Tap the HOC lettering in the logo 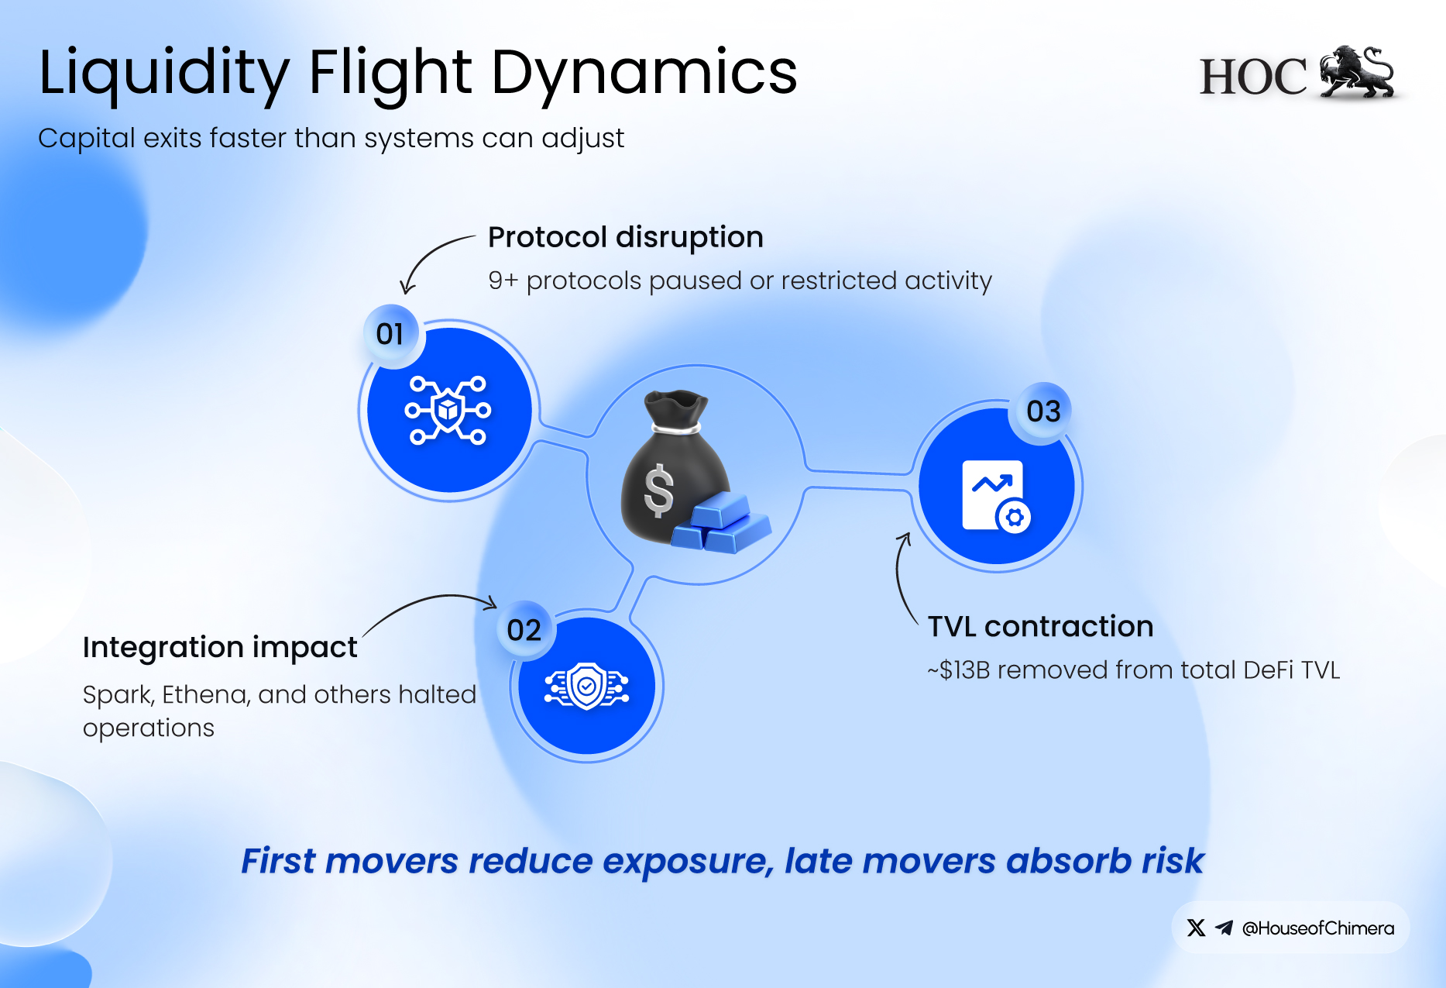pos(1252,77)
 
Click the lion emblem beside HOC pos(1357,73)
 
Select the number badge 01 pos(390,334)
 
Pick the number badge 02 pos(524,630)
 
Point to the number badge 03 pos(1043,411)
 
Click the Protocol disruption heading pos(625,237)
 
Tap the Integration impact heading pos(220,647)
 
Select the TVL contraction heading pos(1040,626)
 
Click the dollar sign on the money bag pos(659,490)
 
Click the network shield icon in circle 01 pos(448,410)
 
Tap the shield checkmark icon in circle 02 pos(586,686)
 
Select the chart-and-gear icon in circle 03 pos(996,496)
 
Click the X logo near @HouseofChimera pos(1196,928)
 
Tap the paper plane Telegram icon pos(1224,928)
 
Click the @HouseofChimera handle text pos(1317,928)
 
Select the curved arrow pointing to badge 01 pos(430,260)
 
